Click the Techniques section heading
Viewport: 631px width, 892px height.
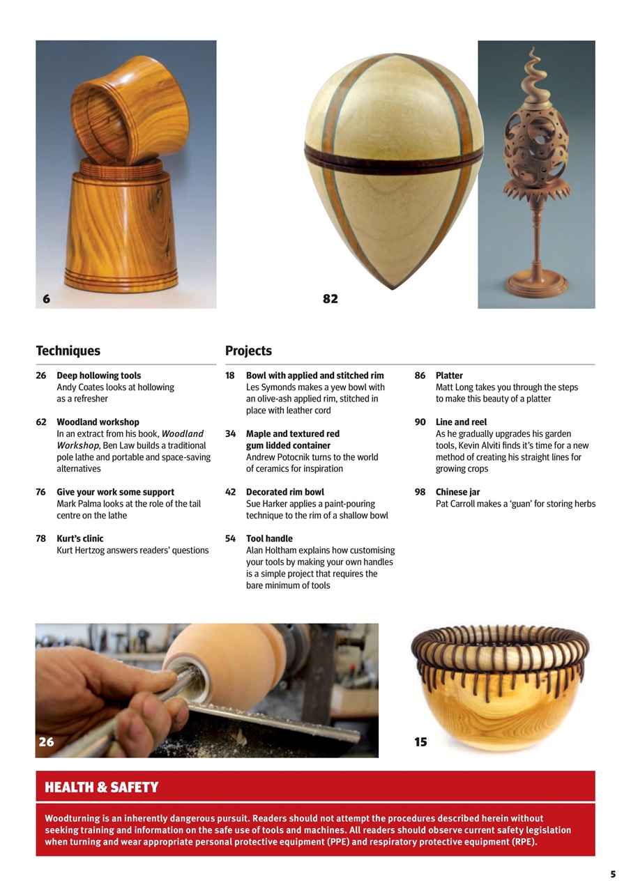pos(68,351)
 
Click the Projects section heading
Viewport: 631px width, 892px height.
pos(248,351)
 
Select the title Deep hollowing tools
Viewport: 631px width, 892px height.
pos(98,376)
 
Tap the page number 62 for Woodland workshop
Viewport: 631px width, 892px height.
pos(41,422)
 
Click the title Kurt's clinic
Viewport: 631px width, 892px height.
pos(79,539)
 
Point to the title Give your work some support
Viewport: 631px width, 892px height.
pos(115,492)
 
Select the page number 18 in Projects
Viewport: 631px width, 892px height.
pos(230,376)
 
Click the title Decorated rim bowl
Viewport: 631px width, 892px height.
pos(284,492)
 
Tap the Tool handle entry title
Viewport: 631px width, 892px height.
pos(269,539)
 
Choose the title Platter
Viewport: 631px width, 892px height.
pos(449,376)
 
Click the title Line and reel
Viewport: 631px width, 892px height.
pos(461,422)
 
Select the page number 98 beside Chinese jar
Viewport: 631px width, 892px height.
pos(420,492)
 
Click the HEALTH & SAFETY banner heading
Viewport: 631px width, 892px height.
pos(102,787)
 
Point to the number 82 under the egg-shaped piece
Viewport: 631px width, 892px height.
pos(330,298)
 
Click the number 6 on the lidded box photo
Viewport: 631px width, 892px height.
pos(46,298)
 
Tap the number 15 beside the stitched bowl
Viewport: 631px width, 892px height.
pos(420,742)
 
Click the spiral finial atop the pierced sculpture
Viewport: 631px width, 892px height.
pos(535,70)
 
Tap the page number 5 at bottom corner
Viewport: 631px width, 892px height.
pos(613,874)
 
